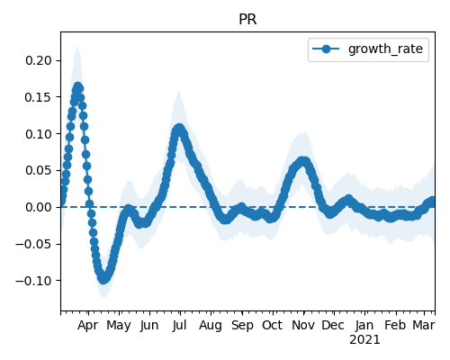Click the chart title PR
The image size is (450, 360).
pyautogui.click(x=247, y=20)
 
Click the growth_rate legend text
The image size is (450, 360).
pyautogui.click(x=385, y=49)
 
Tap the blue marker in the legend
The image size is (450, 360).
pyautogui.click(x=326, y=49)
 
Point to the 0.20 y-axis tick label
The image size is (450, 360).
pyautogui.click(x=39, y=60)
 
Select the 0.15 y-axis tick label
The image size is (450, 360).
pyautogui.click(x=39, y=97)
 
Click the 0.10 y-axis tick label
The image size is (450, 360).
pyautogui.click(x=39, y=134)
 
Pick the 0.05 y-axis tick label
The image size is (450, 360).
pyautogui.click(x=39, y=170)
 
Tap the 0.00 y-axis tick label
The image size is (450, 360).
pyautogui.click(x=39, y=207)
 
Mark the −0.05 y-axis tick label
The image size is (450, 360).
pyautogui.click(x=34, y=244)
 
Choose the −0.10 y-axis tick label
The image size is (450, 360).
pyautogui.click(x=34, y=281)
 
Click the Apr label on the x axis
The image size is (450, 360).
pyautogui.click(x=87, y=326)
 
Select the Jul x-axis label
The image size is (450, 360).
pyautogui.click(x=179, y=325)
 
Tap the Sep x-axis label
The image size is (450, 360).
pyautogui.click(x=242, y=326)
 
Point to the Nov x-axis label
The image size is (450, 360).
pyautogui.click(x=303, y=325)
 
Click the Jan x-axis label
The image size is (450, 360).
pyautogui.click(x=364, y=325)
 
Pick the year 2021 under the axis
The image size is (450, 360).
pyautogui.click(x=364, y=340)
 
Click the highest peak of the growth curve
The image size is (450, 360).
pyautogui.click(x=78, y=87)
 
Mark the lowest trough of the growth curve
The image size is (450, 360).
pyautogui.click(x=103, y=279)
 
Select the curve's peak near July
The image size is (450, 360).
pyautogui.click(x=179, y=129)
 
